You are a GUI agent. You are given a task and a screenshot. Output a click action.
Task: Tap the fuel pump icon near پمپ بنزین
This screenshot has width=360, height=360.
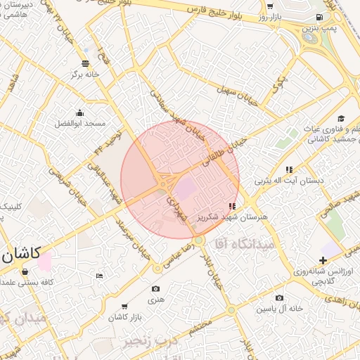click(320, 17)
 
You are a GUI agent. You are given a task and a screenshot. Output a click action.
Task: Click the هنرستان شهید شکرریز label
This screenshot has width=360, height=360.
click(244, 217)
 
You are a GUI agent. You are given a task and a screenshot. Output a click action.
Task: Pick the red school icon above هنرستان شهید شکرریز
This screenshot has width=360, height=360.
click(233, 206)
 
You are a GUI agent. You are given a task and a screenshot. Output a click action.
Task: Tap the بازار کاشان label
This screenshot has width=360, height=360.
click(106, 318)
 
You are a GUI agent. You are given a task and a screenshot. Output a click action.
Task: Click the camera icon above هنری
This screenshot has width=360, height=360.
click(155, 288)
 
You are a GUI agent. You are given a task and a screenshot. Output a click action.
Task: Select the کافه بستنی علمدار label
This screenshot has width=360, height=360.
click(29, 282)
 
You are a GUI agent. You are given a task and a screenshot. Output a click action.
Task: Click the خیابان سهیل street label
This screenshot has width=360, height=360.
click(229, 96)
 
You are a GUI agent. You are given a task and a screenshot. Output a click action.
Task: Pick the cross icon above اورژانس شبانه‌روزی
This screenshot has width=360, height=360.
click(323, 260)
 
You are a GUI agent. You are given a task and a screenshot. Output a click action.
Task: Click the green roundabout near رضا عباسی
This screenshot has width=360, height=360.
click(200, 240)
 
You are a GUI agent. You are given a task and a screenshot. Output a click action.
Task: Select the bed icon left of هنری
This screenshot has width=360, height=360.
click(99, 275)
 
